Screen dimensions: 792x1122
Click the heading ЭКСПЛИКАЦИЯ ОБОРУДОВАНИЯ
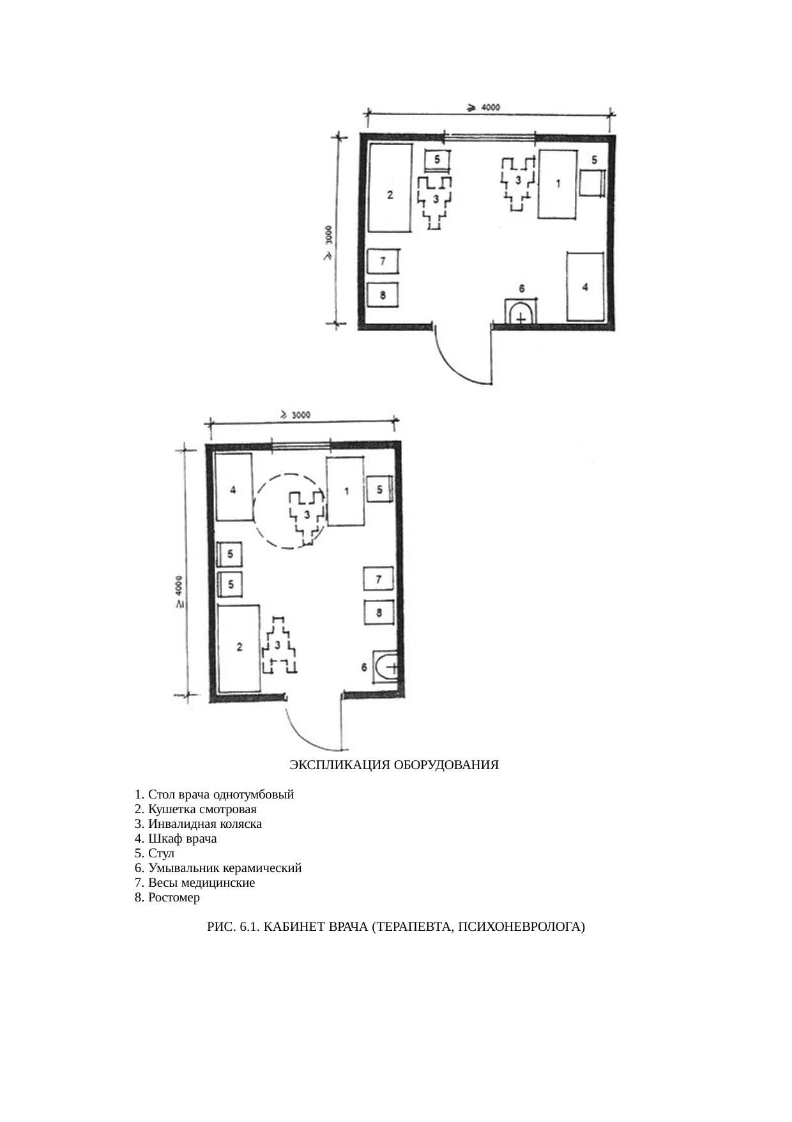394,765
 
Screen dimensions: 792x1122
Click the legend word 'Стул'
161,853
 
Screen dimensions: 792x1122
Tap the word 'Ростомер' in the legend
174,898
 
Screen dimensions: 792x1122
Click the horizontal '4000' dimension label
491,107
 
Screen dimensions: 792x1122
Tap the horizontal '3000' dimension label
301,415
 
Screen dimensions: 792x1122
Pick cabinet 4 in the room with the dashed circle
234,488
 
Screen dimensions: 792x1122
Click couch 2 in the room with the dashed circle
239,648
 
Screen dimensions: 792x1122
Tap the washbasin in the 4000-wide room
521,311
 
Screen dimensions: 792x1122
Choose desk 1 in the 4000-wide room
558,184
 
